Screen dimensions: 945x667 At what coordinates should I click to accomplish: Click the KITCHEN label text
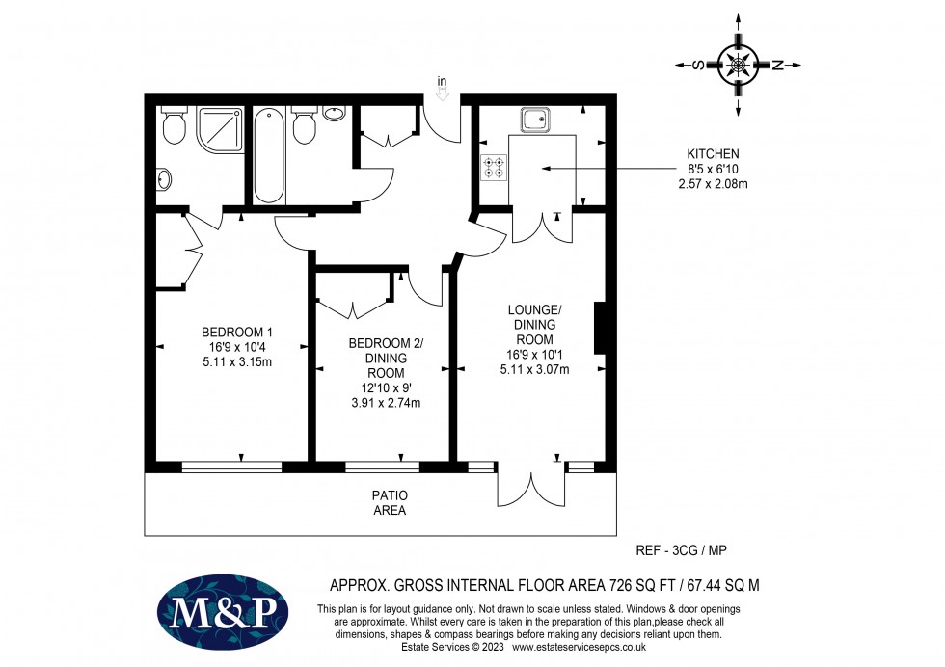pyautogui.click(x=713, y=154)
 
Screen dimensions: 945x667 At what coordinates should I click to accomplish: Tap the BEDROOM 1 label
pyautogui.click(x=237, y=332)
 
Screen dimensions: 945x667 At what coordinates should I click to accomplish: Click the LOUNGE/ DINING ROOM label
pyautogui.click(x=534, y=325)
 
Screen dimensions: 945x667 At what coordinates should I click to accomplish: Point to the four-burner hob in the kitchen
pyautogui.click(x=494, y=168)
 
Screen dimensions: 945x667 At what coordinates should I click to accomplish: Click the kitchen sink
pyautogui.click(x=536, y=120)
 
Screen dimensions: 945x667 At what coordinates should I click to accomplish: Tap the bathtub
pyautogui.click(x=269, y=155)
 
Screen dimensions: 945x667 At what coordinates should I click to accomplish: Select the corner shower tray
pyautogui.click(x=220, y=129)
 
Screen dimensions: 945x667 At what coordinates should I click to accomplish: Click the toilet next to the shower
pyautogui.click(x=175, y=124)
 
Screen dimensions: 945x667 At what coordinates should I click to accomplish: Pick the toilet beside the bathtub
pyautogui.click(x=305, y=124)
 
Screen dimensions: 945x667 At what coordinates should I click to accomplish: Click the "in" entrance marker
pyautogui.click(x=442, y=81)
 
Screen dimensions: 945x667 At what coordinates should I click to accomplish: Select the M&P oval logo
pyautogui.click(x=223, y=612)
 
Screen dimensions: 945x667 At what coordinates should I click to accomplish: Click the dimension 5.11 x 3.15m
pyautogui.click(x=237, y=362)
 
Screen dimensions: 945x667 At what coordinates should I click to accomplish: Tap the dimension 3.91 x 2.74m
pyautogui.click(x=386, y=403)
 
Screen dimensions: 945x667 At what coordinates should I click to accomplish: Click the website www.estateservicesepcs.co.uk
pyautogui.click(x=579, y=647)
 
